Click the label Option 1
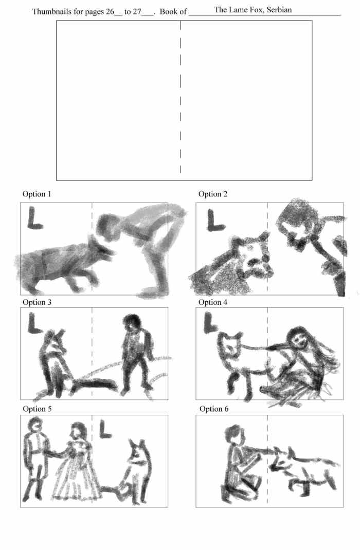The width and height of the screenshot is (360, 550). tap(37, 194)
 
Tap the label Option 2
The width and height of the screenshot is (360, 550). tap(212, 194)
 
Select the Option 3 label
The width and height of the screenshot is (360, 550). tap(37, 302)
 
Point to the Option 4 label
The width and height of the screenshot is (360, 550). tap(212, 302)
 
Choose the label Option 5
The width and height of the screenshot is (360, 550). tap(37, 409)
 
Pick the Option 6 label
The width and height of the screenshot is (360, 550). tap(213, 409)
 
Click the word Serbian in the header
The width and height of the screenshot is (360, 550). tap(279, 10)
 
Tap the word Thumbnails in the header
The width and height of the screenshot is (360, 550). tap(51, 12)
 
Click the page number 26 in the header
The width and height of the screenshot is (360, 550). tap(110, 12)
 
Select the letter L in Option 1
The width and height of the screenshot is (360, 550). tap(34, 218)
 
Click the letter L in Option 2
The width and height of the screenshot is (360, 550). tap(215, 221)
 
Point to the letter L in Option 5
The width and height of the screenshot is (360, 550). tap(105, 429)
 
